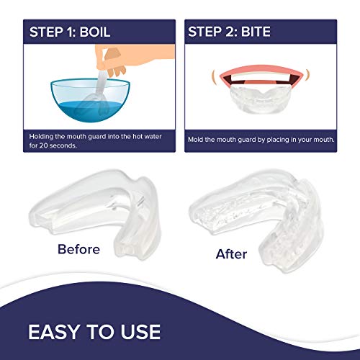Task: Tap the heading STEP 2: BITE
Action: pyautogui.click(x=235, y=31)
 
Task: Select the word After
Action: pyautogui.click(x=231, y=253)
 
